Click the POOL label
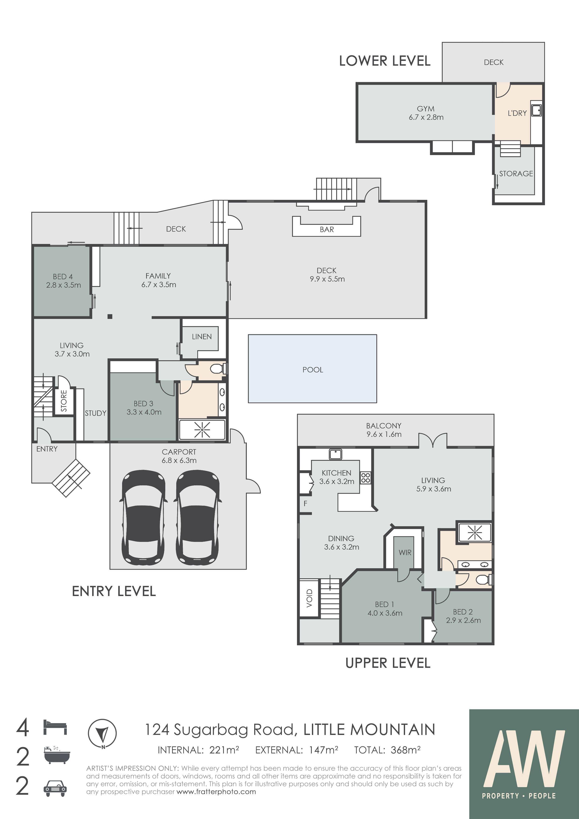coord(313,370)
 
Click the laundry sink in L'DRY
coord(536,110)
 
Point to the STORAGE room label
coord(516,174)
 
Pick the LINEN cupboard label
coord(201,337)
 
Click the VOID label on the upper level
coord(309,598)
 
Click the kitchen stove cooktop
coord(365,478)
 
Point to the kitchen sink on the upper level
coord(335,454)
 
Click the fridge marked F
coord(305,504)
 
